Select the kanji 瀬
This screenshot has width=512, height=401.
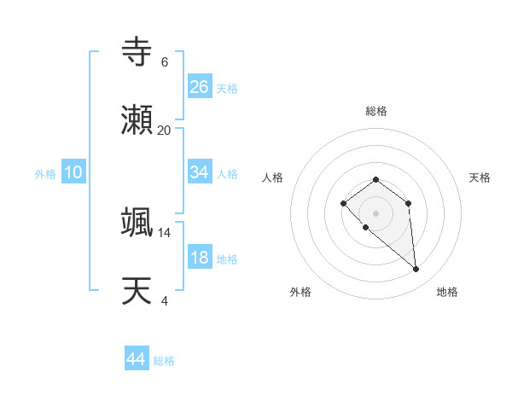click(137, 119)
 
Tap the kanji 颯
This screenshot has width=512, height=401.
click(137, 222)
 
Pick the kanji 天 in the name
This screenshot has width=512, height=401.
click(137, 291)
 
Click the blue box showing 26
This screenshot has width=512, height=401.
click(199, 86)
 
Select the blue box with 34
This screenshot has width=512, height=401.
click(199, 172)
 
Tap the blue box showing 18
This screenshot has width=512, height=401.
click(199, 259)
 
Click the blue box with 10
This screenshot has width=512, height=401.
click(73, 172)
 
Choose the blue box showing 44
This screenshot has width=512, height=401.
click(136, 359)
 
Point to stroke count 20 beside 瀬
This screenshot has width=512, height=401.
click(165, 130)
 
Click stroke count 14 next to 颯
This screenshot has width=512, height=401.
click(165, 232)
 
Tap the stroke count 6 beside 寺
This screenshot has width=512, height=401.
click(165, 61)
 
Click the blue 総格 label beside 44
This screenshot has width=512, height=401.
click(164, 361)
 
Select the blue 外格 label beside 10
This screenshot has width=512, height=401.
click(45, 174)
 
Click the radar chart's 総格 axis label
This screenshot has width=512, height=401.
click(375, 111)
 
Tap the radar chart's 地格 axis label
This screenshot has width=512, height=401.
click(447, 292)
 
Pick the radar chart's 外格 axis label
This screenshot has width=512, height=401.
click(300, 292)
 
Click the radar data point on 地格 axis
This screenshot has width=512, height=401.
click(416, 270)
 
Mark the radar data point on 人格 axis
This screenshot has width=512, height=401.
click(343, 203)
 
